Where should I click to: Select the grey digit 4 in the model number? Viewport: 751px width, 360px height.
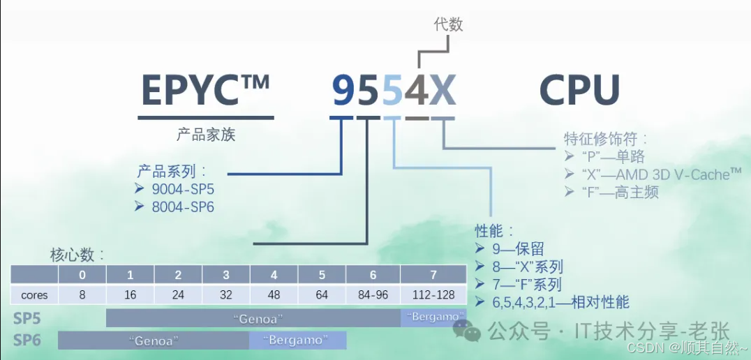pos(417,91)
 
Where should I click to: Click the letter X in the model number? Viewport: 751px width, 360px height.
pos(443,91)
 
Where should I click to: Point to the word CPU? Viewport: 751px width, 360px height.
pos(580,91)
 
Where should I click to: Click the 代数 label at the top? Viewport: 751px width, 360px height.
pos(449,25)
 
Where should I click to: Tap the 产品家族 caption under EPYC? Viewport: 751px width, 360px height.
pos(206,135)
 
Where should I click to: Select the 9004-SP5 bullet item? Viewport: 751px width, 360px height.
pos(184,189)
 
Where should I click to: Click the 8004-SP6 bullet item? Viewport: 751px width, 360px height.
pos(184,207)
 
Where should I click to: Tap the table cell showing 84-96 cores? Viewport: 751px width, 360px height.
pos(373,294)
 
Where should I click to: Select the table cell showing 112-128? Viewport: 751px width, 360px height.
pos(433,294)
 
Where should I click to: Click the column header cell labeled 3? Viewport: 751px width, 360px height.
pos(226,275)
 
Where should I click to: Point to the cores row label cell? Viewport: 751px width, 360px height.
pos(34,294)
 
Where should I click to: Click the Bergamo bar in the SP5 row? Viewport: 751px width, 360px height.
pos(433,317)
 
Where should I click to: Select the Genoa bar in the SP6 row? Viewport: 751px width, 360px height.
pos(154,340)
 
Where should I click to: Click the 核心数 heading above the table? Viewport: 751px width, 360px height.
pos(77,254)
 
